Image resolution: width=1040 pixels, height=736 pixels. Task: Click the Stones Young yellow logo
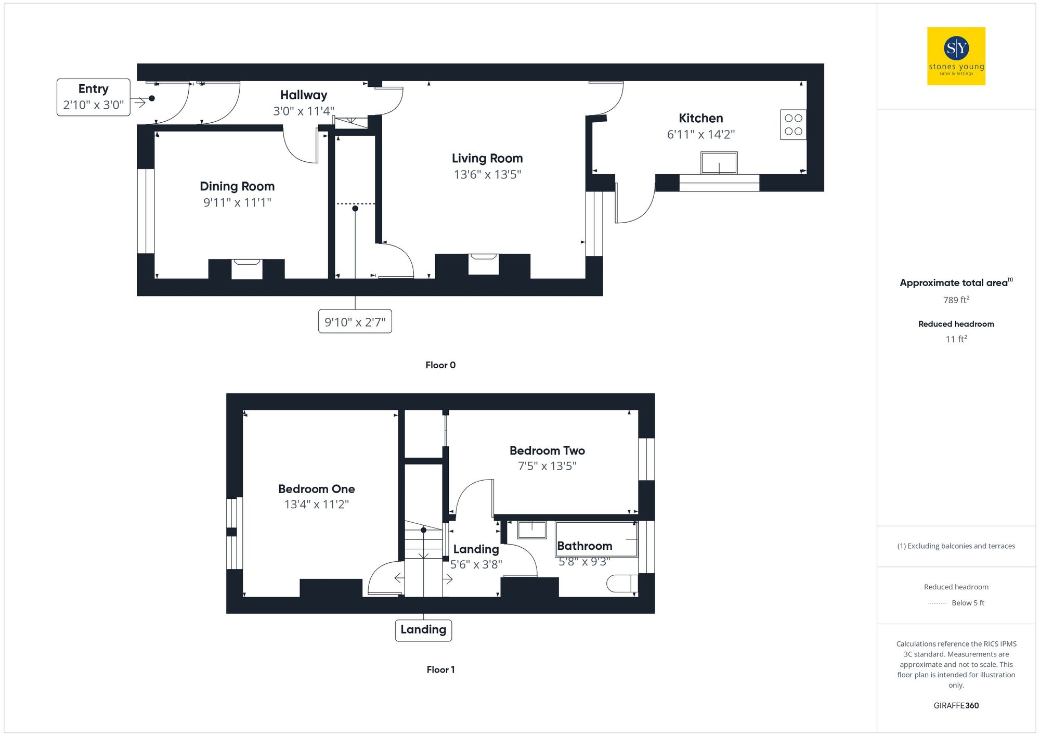tap(956, 56)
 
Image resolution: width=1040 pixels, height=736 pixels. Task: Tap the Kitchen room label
tap(700, 118)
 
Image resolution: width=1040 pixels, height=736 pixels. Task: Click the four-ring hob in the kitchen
tap(793, 125)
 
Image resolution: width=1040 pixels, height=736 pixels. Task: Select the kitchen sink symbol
tap(719, 163)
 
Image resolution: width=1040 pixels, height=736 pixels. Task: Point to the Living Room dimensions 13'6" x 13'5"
tap(487, 175)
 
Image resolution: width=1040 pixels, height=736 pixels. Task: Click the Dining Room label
tap(237, 186)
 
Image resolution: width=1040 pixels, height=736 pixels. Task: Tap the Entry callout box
tap(94, 97)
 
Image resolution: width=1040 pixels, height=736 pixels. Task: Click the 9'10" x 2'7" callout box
tap(355, 322)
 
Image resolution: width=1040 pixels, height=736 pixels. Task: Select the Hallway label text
tap(304, 95)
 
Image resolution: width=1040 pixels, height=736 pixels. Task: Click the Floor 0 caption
tap(440, 365)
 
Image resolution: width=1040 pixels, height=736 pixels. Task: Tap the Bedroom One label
tap(316, 489)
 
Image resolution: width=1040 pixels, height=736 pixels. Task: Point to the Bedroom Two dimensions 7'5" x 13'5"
tap(547, 466)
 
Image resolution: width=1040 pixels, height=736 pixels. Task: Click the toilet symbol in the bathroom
tap(621, 583)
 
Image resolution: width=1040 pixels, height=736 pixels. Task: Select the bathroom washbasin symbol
tap(532, 530)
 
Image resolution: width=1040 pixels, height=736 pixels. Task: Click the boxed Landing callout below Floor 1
tap(423, 630)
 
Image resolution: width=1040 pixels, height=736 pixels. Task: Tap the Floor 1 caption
tap(440, 670)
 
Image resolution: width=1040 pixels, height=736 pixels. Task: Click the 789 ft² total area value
tap(956, 300)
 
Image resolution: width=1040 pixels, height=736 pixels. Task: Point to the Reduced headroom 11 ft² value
tap(956, 339)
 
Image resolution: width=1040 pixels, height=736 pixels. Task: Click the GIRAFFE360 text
tap(956, 706)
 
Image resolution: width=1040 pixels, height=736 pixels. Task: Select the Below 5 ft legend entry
tap(967, 603)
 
